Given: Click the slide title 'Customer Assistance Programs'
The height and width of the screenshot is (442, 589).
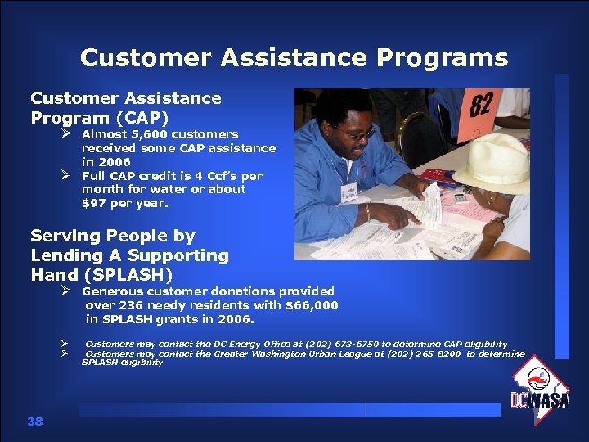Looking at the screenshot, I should click(294, 58).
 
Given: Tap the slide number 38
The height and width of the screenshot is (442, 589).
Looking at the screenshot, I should click(34, 421).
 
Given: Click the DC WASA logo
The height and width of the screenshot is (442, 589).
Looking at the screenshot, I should click(540, 390).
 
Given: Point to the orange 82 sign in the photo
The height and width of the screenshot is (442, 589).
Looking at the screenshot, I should click(482, 106).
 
